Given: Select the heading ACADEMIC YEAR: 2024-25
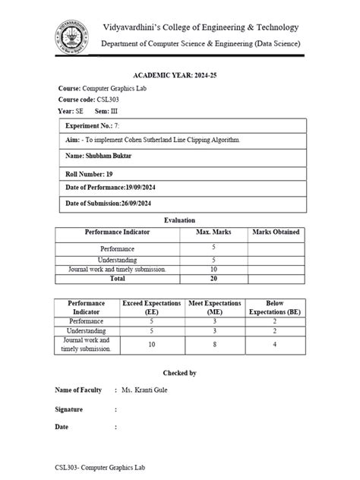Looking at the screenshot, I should (179, 77).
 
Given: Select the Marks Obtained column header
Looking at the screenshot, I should (275, 232).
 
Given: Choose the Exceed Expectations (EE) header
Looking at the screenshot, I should (152, 307).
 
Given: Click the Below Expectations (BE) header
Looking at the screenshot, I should (275, 307).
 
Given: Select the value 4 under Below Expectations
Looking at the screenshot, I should (275, 345).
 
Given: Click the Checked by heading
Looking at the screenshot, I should (180, 373).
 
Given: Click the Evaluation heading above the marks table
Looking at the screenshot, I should (180, 219).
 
